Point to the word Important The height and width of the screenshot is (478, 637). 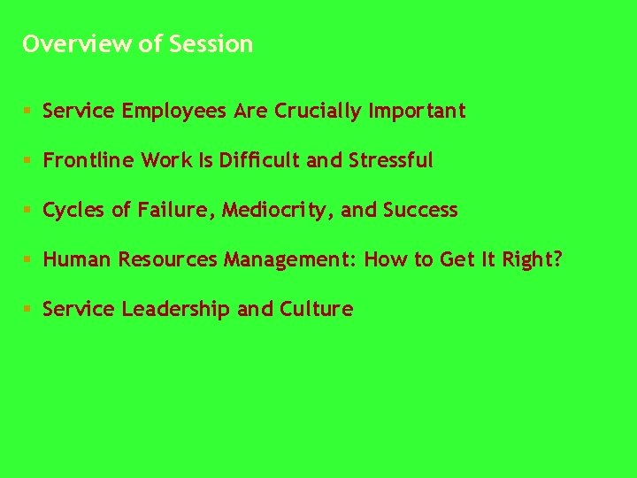click(x=417, y=112)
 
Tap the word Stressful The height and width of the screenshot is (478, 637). click(x=391, y=161)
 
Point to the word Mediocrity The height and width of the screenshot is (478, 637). click(x=276, y=211)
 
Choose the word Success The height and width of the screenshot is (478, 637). click(x=420, y=211)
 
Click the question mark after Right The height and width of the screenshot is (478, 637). click(x=557, y=260)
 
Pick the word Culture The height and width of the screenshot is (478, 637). click(x=316, y=310)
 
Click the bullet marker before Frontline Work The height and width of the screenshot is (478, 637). click(x=28, y=161)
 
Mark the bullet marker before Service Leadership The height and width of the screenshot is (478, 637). click(x=28, y=310)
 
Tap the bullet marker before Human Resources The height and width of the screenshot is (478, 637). click(x=28, y=260)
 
